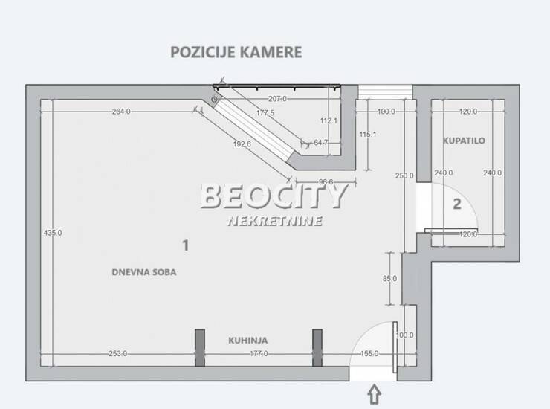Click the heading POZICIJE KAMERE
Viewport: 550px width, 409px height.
[x=236, y=52]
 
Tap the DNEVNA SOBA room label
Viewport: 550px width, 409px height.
[x=143, y=272]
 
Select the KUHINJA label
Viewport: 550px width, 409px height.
[x=248, y=340]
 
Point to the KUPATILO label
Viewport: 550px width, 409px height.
[x=464, y=141]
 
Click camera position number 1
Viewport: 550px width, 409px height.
[x=186, y=245]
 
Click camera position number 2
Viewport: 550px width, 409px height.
[x=456, y=204]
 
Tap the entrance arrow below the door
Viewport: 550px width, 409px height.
[x=375, y=394]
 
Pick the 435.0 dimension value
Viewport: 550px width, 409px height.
[x=53, y=233]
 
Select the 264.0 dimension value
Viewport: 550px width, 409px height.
[x=121, y=112]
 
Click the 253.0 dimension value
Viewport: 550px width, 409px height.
[x=118, y=353]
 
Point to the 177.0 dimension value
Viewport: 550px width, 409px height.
[x=259, y=353]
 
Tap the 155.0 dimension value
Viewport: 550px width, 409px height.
[x=369, y=353]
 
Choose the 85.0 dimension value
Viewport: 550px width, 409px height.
[x=389, y=278]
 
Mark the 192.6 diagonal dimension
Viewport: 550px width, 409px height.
[x=242, y=144]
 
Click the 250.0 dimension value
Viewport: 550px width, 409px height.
[x=404, y=176]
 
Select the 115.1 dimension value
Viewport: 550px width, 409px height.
[x=368, y=134]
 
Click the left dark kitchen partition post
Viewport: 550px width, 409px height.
[x=200, y=347]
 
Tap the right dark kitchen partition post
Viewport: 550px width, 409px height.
[x=317, y=347]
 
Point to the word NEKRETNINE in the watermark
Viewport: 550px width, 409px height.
[x=275, y=221]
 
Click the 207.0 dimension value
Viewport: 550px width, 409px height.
[x=277, y=99]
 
